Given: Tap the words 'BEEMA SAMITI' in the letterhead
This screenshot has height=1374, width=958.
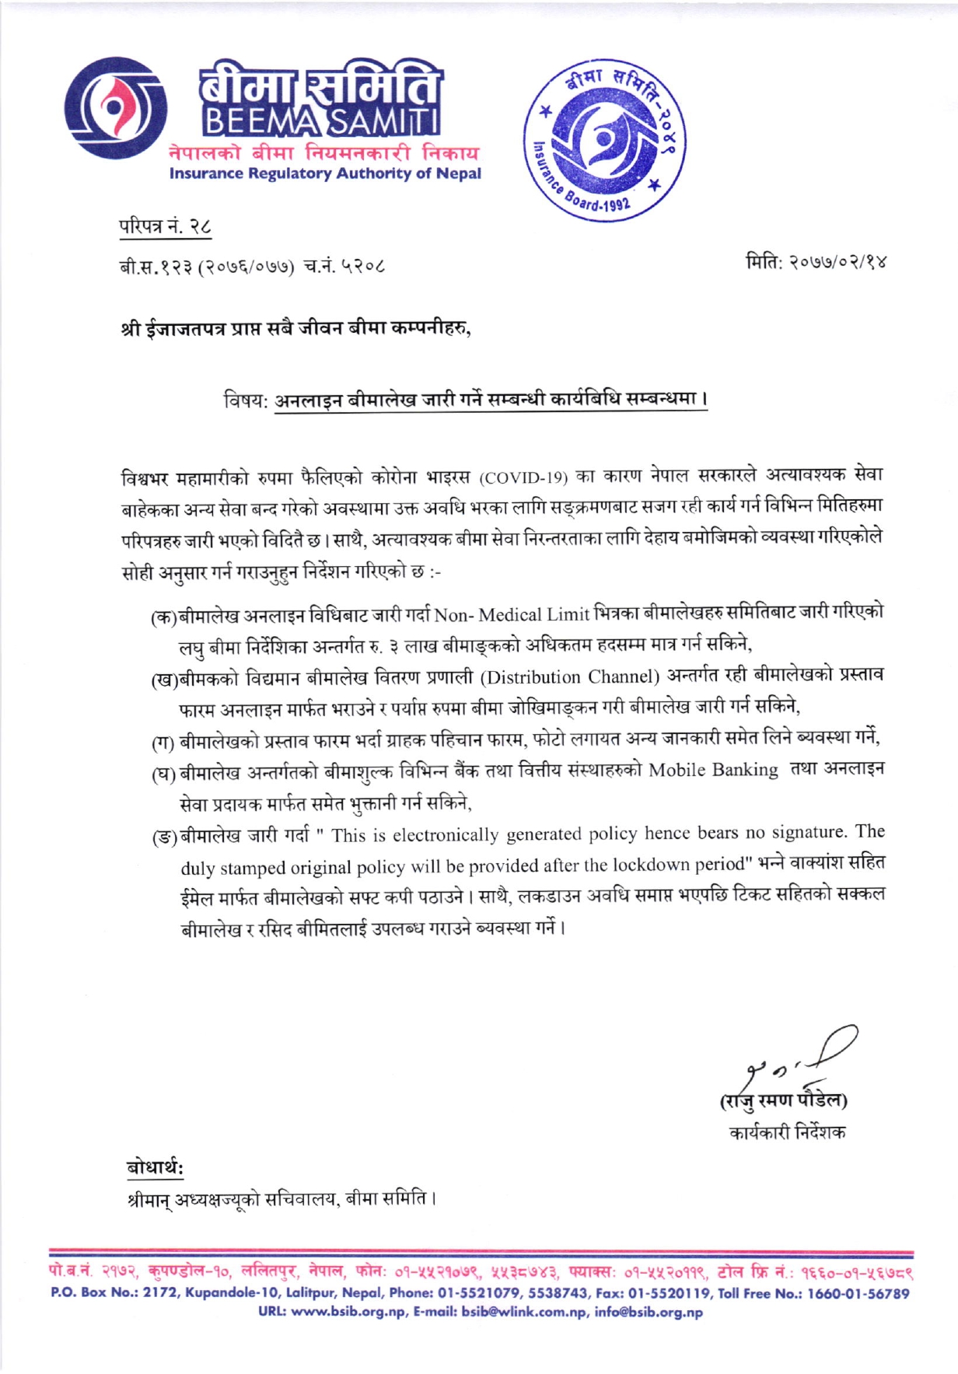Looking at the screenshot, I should click(320, 122).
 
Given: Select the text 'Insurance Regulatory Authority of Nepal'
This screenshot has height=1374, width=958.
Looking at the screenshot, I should click(325, 173).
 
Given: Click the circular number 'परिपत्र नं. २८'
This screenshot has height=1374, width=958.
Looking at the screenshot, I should click(165, 229).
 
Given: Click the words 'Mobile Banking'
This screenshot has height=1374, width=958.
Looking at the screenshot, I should click(714, 770).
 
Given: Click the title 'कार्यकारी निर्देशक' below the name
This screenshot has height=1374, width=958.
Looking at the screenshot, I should click(788, 1132).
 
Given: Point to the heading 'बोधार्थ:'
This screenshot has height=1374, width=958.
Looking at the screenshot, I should click(156, 1168).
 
